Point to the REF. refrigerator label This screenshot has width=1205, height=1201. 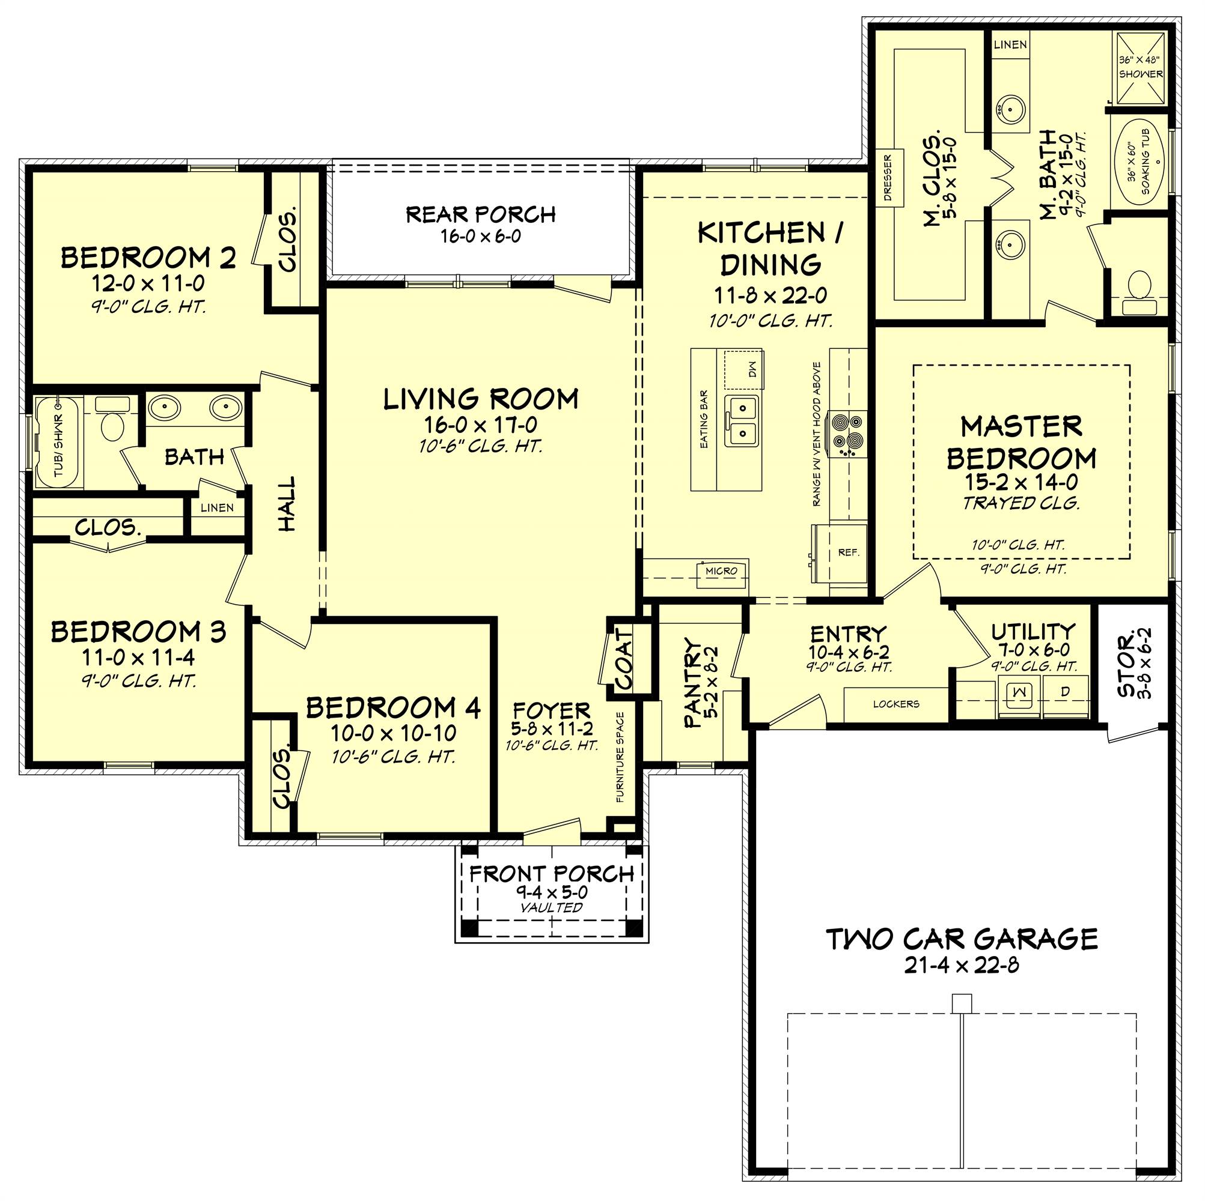[849, 552]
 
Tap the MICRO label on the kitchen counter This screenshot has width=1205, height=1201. [722, 570]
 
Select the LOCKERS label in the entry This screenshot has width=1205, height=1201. [895, 704]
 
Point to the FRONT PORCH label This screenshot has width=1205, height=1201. [551, 874]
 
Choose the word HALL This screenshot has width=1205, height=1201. [286, 504]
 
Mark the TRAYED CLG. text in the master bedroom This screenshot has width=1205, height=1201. [1021, 504]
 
